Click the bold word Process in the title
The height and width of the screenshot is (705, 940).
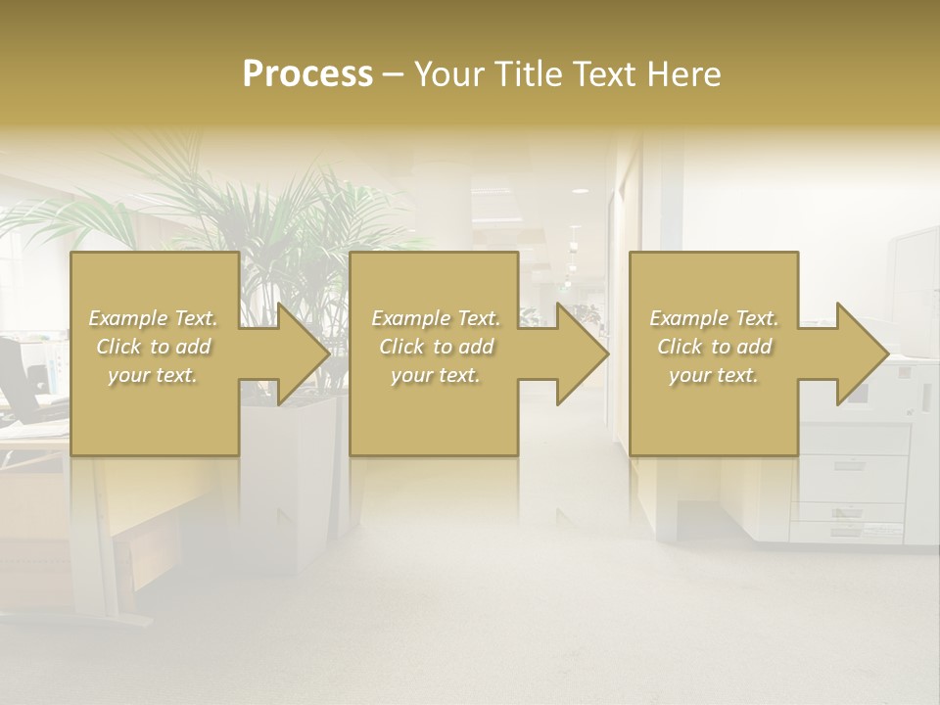click(x=307, y=74)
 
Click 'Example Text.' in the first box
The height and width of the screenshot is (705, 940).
click(x=153, y=318)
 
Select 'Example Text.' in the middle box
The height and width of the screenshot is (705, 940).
click(x=436, y=318)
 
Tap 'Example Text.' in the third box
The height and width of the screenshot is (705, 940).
click(x=714, y=318)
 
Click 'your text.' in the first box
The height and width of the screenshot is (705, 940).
click(x=153, y=375)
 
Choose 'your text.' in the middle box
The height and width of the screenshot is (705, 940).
click(x=436, y=375)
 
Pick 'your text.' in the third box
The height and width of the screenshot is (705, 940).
click(x=714, y=375)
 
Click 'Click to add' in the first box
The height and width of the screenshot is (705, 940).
click(x=153, y=347)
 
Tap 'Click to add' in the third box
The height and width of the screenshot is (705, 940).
click(x=714, y=347)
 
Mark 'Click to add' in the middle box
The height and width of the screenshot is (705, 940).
click(x=436, y=347)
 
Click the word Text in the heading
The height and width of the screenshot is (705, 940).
click(x=607, y=74)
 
